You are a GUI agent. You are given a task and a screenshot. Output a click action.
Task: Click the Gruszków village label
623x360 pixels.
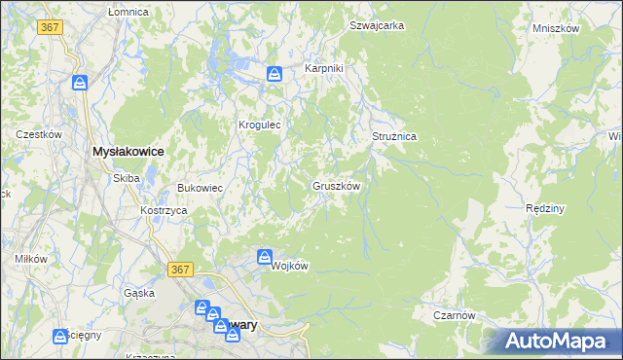coord(337,186)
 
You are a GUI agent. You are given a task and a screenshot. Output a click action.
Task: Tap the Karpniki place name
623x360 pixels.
coord(324,69)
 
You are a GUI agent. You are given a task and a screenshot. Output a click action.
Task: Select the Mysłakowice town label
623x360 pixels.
coord(128,152)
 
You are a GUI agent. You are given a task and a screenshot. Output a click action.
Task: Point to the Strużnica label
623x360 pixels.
coord(394,137)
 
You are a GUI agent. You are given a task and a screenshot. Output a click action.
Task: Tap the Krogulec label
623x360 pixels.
coord(260,125)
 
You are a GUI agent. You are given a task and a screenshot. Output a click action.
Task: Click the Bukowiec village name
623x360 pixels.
coord(201,188)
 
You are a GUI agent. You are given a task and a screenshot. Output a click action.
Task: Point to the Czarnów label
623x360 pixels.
coord(454,315)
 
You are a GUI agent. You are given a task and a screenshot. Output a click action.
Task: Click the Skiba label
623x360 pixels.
coord(127,178)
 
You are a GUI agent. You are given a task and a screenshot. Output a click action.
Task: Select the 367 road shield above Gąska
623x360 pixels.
coord(178,269)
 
